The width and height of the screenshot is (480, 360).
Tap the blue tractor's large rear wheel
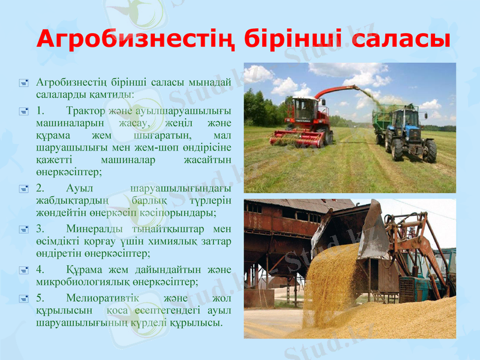(x=430, y=151)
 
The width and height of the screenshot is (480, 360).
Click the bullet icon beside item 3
(x=23, y=229)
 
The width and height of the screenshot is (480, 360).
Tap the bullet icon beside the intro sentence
(x=23, y=83)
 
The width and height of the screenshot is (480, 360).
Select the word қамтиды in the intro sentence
(x=112, y=94)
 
